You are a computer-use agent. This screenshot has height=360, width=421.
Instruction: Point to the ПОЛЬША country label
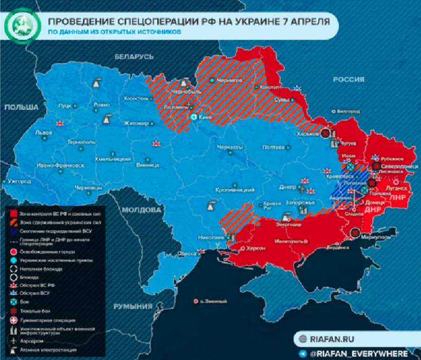21,107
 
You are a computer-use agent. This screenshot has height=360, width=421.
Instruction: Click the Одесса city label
187,254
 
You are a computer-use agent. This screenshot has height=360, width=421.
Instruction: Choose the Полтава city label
273,147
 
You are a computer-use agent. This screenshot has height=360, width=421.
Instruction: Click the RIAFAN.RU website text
333,339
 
